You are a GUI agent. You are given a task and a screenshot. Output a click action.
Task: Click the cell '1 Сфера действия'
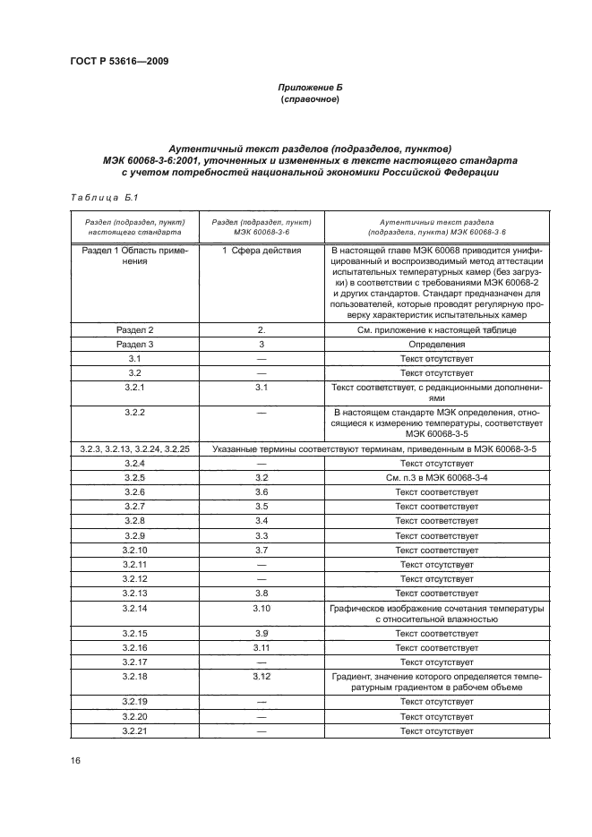[x=262, y=251]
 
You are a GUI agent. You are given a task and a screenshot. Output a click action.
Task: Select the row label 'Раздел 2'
[x=135, y=330]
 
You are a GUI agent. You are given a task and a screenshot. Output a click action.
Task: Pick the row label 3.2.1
[x=135, y=387]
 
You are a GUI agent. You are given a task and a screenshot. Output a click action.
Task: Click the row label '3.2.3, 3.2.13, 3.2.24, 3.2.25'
[x=135, y=449]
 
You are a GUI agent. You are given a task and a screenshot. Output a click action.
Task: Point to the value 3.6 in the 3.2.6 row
[x=262, y=492]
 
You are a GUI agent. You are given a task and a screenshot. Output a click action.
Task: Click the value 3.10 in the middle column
[x=262, y=608]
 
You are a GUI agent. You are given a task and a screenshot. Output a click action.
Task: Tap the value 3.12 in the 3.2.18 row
[x=262, y=676]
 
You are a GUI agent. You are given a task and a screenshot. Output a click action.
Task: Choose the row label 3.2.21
[x=135, y=731]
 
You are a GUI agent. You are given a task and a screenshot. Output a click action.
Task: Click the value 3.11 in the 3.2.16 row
[x=262, y=647]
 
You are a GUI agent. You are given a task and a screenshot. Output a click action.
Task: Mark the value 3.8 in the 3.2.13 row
[x=262, y=593]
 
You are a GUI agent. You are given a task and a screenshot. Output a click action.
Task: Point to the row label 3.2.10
[x=135, y=550]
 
